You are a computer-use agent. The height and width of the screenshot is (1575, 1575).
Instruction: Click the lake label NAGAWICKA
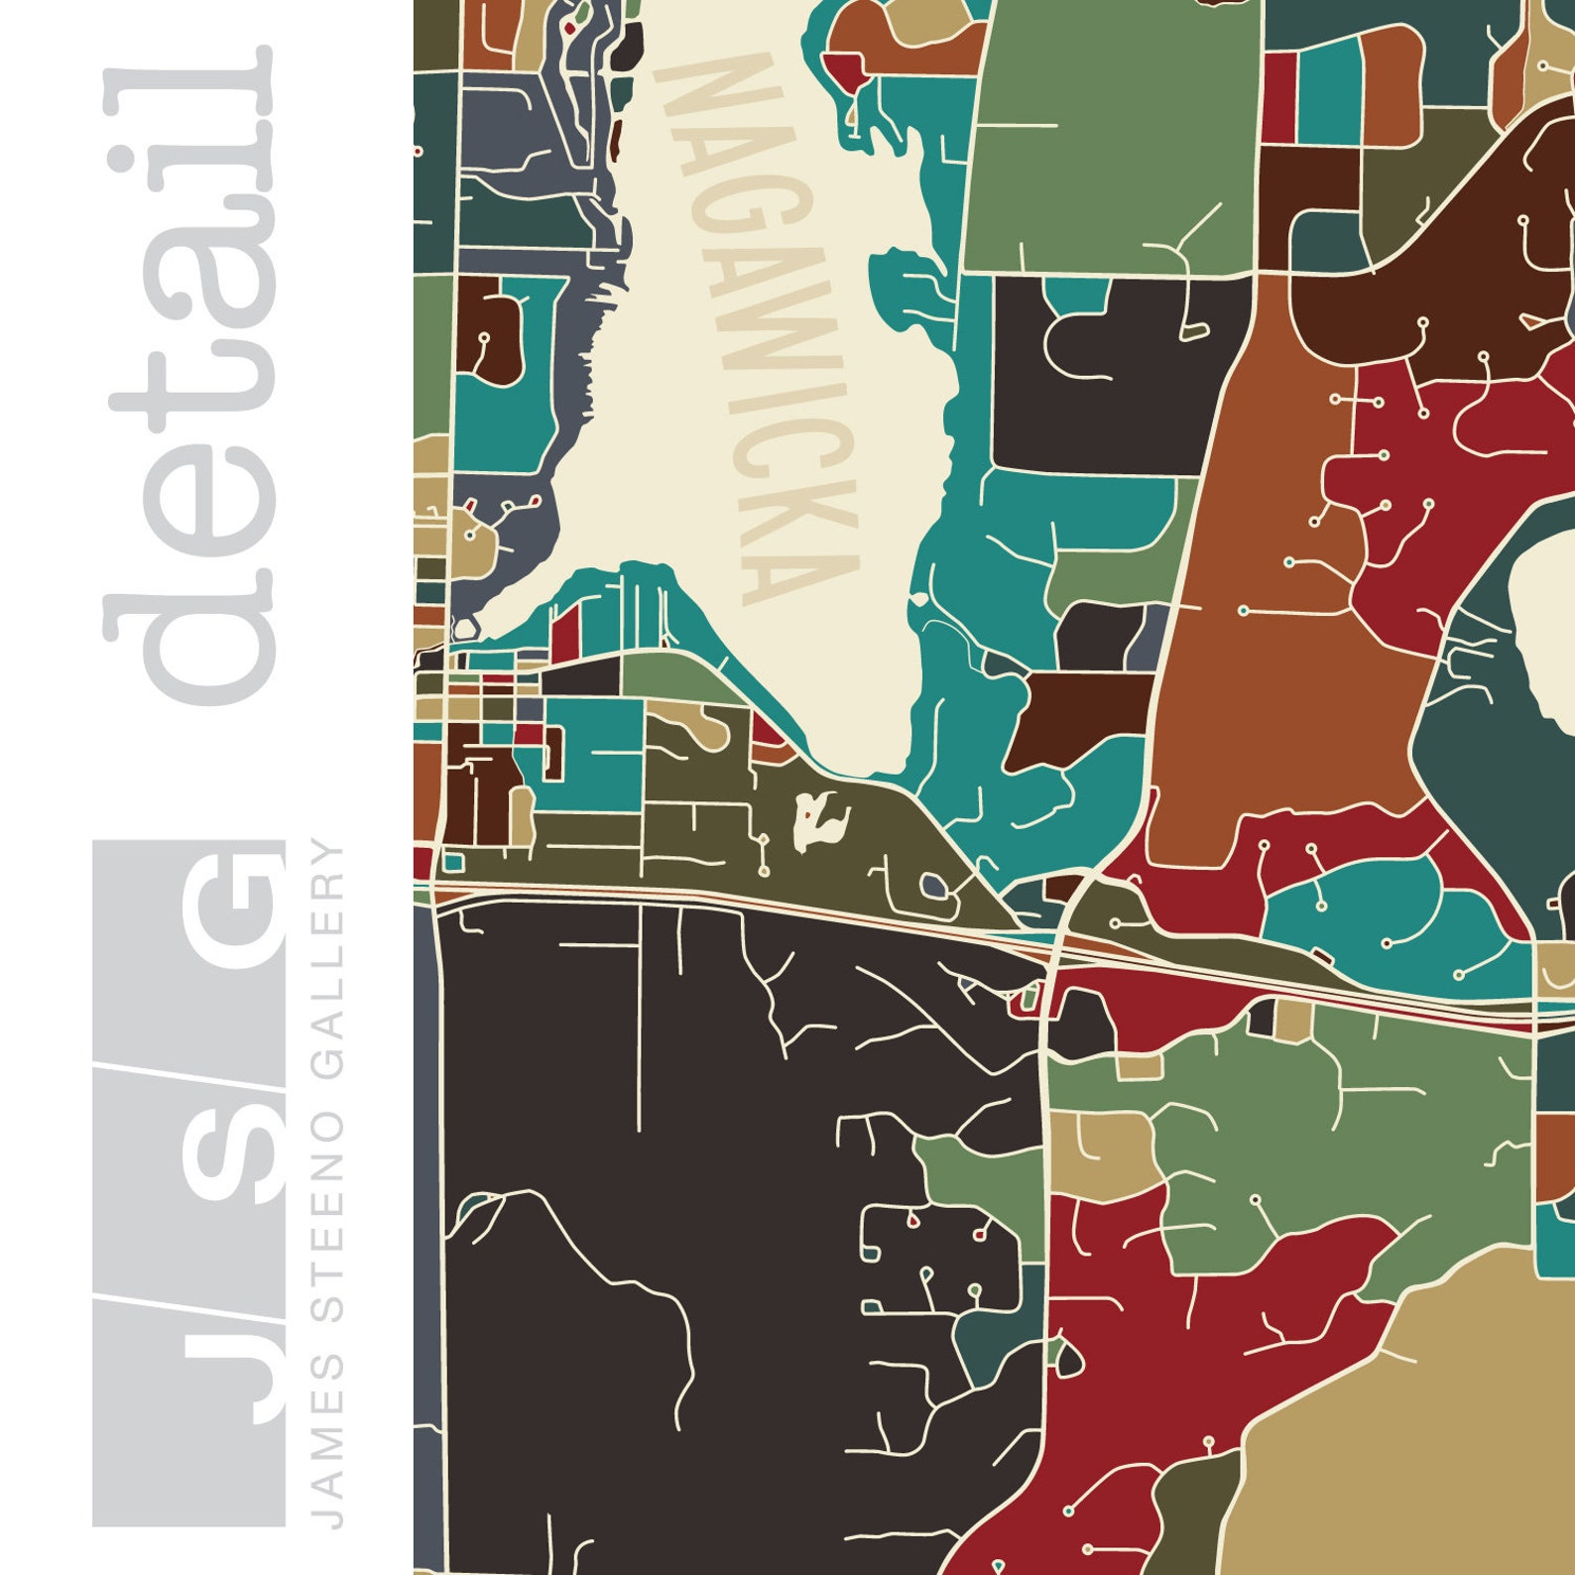click(764, 327)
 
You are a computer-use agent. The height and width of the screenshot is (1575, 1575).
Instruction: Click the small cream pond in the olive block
click(821, 820)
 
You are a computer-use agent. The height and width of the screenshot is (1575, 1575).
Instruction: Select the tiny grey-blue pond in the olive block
click(931, 883)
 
